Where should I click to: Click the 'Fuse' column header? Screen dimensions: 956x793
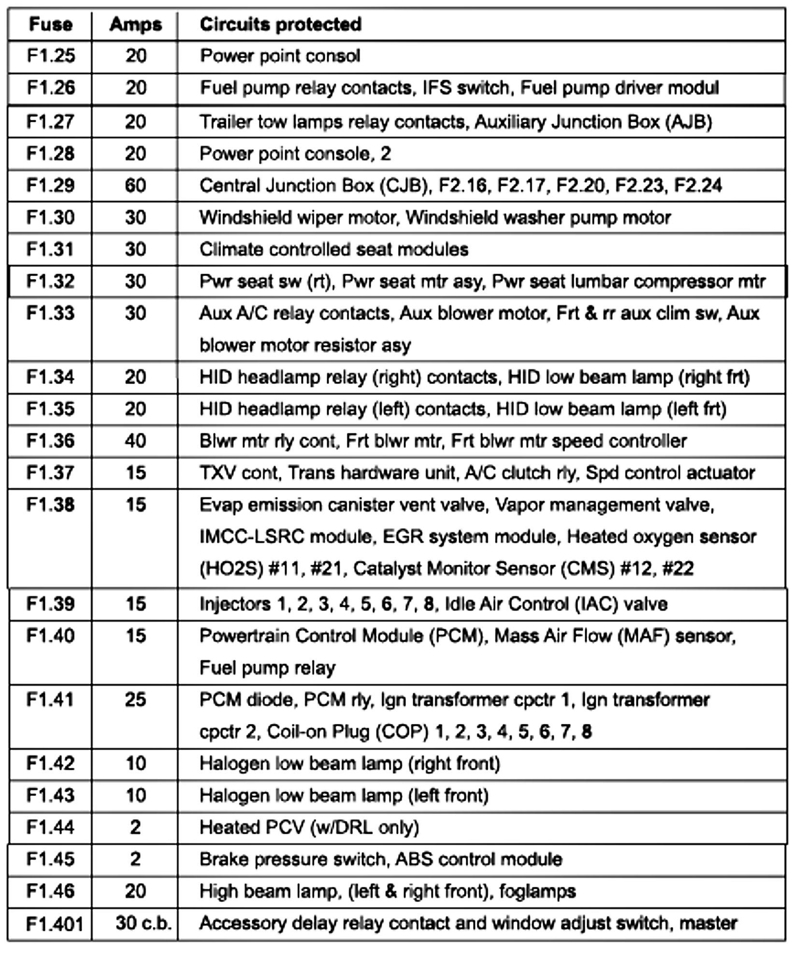coord(50,24)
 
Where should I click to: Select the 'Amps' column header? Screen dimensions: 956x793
coord(135,24)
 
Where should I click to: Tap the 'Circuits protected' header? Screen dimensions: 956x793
coord(280,24)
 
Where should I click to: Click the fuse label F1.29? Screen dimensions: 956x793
coord(50,186)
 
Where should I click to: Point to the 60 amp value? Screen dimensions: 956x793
coord(135,186)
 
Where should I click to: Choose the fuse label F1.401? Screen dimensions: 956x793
coord(54,924)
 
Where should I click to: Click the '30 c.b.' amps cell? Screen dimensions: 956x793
coord(144,923)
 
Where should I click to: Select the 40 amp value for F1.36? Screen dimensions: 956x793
coord(135,441)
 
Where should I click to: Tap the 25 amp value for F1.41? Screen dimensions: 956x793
coord(135,700)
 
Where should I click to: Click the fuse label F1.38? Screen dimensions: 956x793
coord(50,505)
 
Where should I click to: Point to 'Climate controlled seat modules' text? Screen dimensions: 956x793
coord(334,250)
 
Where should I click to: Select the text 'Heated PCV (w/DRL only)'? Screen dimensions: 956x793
coord(309,827)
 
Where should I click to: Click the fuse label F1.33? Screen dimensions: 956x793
coord(50,313)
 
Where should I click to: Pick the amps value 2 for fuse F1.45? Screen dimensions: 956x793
coord(135,859)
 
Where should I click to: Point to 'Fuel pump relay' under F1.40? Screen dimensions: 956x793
coord(267,668)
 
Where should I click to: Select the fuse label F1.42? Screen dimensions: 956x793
coord(50,764)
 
